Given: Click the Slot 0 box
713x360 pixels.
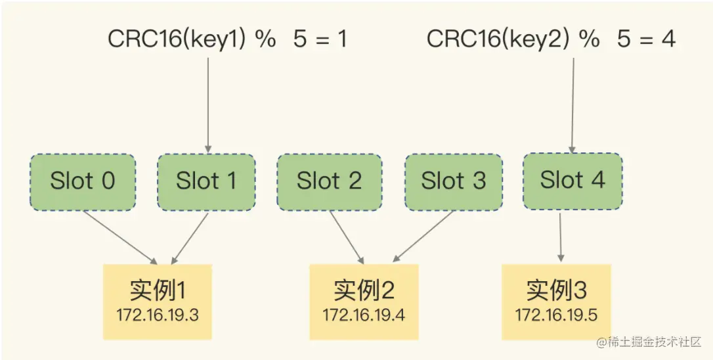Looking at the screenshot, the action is [83, 182].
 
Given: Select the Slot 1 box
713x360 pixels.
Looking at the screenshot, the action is [206, 182].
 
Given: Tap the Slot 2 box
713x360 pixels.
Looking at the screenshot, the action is [329, 182].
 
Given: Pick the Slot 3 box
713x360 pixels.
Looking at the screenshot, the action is [454, 182].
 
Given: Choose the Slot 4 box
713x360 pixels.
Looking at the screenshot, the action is [573, 181].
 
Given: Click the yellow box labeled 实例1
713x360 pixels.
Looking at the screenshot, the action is [158, 302].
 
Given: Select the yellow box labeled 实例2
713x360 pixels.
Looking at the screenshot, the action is [364, 302].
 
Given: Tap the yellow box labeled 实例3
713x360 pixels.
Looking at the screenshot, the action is [556, 302].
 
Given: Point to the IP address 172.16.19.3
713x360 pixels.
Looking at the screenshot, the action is [158, 315].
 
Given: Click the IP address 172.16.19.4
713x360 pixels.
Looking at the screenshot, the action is [364, 315].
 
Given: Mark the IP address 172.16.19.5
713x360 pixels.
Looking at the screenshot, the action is [556, 315].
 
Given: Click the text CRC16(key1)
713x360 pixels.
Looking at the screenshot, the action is [177, 39].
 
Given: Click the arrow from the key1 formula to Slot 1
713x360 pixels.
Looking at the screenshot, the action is [208, 105].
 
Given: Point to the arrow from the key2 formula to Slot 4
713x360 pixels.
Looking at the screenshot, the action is [573, 105].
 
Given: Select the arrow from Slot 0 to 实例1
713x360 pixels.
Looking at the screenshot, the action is [121, 238].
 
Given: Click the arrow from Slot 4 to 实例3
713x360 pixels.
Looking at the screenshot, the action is [560, 237].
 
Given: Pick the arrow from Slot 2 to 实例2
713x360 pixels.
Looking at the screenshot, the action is [347, 238].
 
